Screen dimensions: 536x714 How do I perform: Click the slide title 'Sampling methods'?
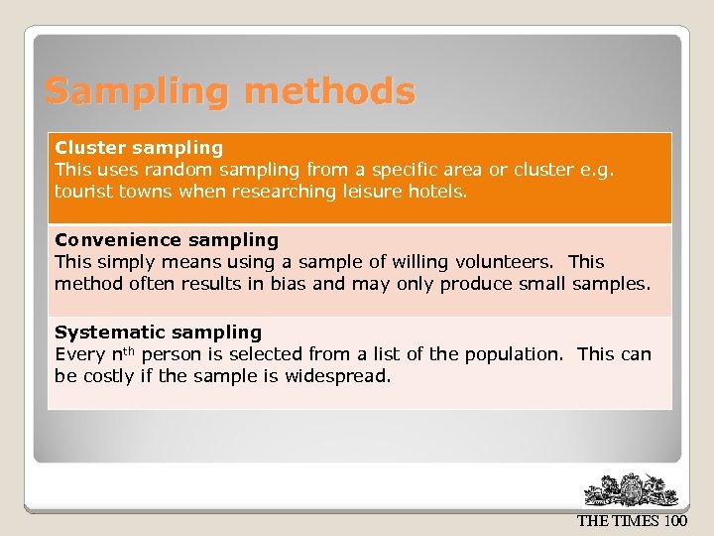tap(230, 91)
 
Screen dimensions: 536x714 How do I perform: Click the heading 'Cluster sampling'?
tap(139, 148)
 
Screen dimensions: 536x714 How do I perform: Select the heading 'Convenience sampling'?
tap(167, 240)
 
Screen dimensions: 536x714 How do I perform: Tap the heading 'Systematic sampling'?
tap(158, 333)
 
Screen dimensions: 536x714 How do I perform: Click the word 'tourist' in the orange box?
tap(83, 192)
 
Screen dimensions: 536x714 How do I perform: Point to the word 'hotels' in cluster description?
tap(436, 192)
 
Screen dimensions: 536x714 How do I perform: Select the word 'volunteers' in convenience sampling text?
tap(502, 262)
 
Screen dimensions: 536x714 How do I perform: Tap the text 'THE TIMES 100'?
tap(631, 521)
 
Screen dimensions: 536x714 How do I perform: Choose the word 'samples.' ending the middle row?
tap(612, 284)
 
